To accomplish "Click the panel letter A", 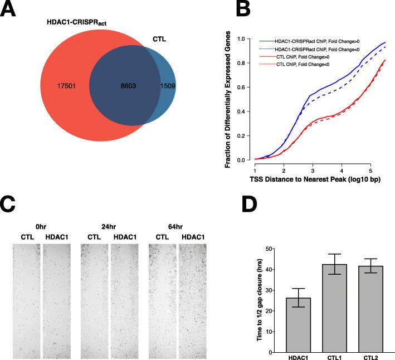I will [x=12, y=13].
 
